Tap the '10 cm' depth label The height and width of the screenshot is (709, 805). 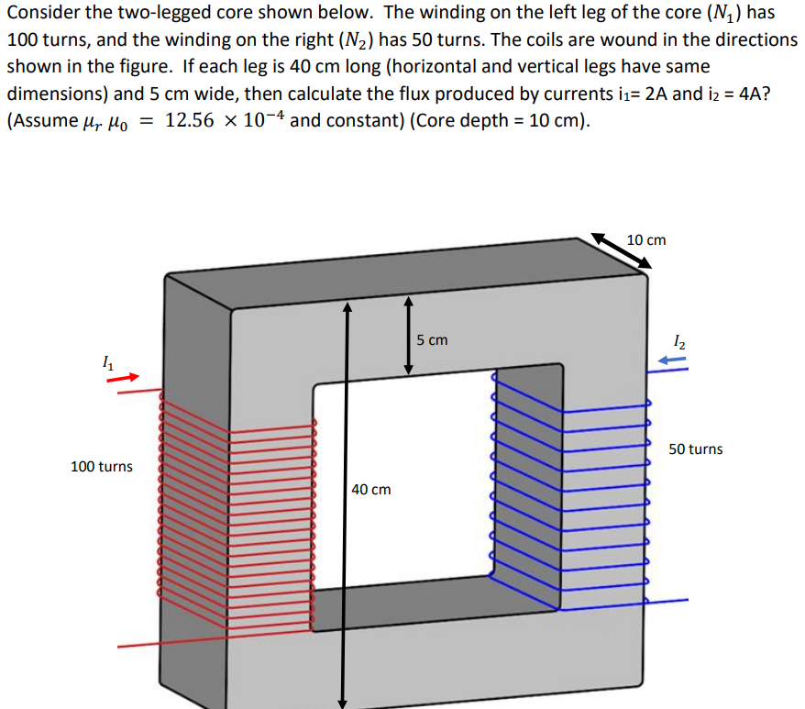coord(646,240)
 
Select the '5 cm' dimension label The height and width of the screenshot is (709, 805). coord(432,340)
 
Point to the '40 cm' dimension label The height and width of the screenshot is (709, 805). coord(371,490)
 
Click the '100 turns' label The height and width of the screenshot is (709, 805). coord(101,467)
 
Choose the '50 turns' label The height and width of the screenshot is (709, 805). coord(695,449)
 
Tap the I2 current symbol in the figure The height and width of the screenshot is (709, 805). coord(678,343)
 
